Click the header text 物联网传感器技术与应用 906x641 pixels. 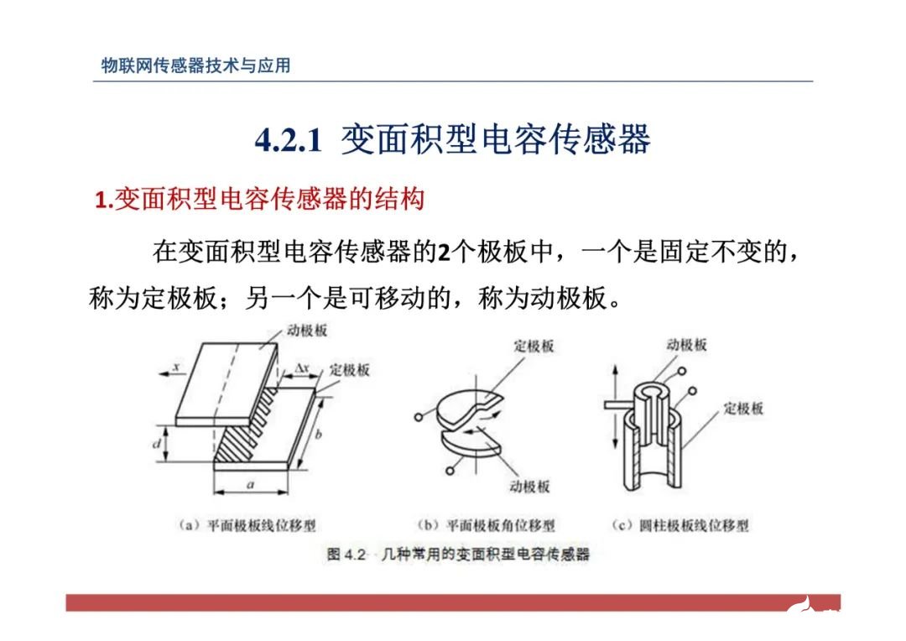(x=195, y=65)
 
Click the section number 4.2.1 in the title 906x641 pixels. (x=288, y=141)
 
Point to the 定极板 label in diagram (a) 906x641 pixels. (x=350, y=369)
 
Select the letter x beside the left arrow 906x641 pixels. (x=177, y=367)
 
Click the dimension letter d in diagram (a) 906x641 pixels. (x=156, y=443)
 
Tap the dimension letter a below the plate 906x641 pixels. (x=251, y=486)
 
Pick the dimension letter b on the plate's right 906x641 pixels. (x=318, y=434)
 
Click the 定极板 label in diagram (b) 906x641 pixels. (x=534, y=346)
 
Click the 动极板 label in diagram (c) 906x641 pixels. (x=686, y=345)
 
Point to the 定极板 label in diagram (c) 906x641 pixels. (x=743, y=409)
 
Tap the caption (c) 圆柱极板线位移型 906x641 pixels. (x=680, y=526)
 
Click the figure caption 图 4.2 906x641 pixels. (x=346, y=555)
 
